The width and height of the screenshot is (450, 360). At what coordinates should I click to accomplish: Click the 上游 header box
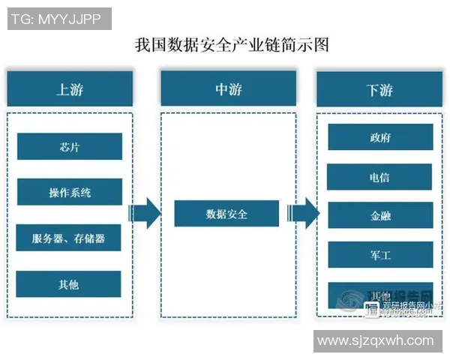tap(70, 89)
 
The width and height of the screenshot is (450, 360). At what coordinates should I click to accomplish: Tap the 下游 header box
tap(379, 89)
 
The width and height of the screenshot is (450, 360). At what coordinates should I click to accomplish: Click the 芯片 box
tap(69, 146)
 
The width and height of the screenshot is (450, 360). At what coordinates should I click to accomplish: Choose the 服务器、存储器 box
tap(69, 238)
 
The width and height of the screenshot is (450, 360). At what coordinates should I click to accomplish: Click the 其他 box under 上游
tap(69, 284)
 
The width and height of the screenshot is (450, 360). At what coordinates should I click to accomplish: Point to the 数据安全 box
tap(226, 214)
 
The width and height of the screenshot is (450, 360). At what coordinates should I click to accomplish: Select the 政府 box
tap(379, 138)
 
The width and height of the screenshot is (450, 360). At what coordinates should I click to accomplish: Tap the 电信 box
tap(379, 177)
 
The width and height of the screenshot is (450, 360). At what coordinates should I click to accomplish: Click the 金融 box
tap(379, 215)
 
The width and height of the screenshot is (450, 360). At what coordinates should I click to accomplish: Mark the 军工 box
tap(379, 254)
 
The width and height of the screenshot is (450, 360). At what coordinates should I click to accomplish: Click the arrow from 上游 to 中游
tap(145, 214)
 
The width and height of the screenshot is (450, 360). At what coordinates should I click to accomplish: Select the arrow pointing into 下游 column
tap(304, 214)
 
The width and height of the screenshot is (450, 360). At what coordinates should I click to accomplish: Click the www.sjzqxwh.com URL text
tap(375, 340)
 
